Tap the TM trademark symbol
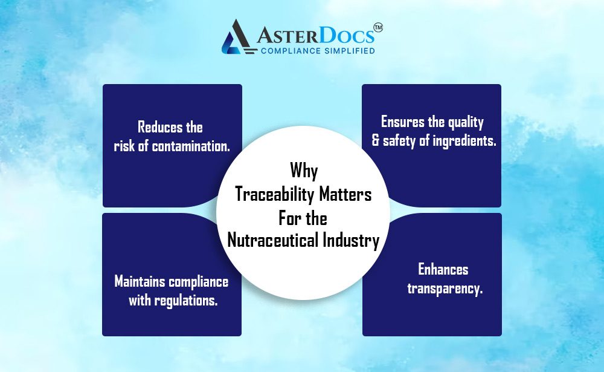(378, 27)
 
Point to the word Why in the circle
(304, 170)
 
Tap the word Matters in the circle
(345, 194)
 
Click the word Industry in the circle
(352, 240)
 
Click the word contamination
(191, 146)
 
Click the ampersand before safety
(376, 140)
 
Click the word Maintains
(140, 281)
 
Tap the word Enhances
(443, 269)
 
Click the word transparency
(445, 289)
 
